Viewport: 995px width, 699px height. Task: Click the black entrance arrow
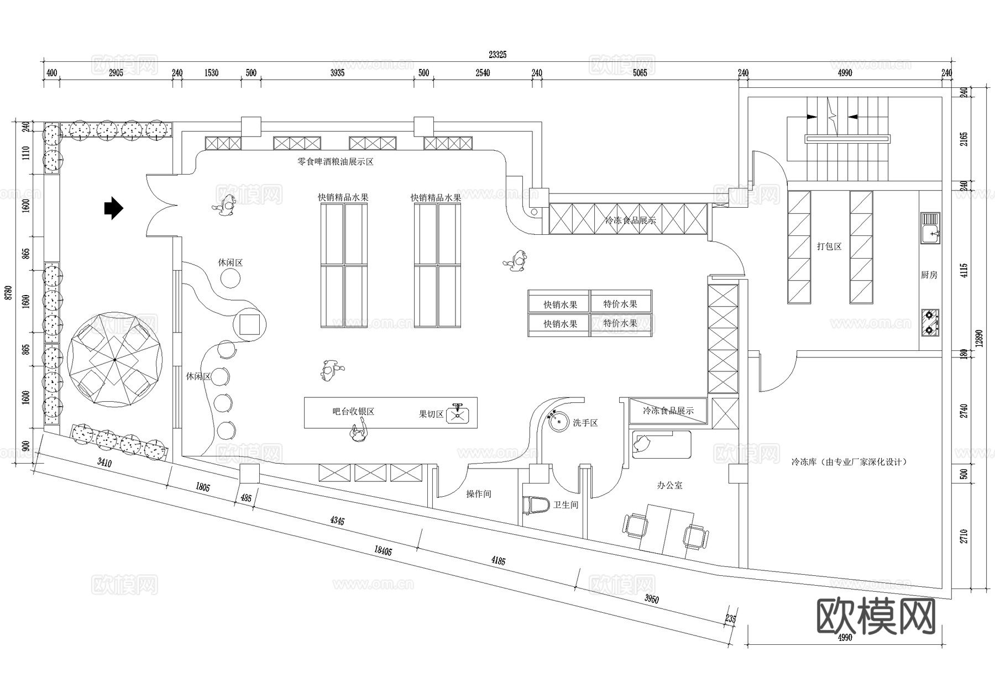pyautogui.click(x=113, y=208)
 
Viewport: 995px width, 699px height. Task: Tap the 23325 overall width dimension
pyautogui.click(x=497, y=55)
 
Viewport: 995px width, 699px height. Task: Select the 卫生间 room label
pyautogui.click(x=565, y=504)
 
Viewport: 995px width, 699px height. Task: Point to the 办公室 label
pyautogui.click(x=669, y=485)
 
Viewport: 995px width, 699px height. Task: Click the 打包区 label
pyautogui.click(x=829, y=246)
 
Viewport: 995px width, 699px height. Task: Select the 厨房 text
pyautogui.click(x=929, y=275)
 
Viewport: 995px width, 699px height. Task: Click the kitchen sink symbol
pyautogui.click(x=930, y=228)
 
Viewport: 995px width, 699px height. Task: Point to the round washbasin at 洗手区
pyautogui.click(x=559, y=421)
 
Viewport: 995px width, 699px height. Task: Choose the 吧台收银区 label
pyautogui.click(x=353, y=412)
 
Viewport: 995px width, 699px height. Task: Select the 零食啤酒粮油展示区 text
pyautogui.click(x=336, y=162)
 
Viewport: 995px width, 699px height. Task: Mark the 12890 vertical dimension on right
pyautogui.click(x=979, y=338)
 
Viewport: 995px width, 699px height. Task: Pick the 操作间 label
pyautogui.click(x=478, y=494)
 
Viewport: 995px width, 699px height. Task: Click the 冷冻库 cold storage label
pyautogui.click(x=849, y=461)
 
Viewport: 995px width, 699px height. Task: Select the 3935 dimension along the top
pyautogui.click(x=337, y=73)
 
